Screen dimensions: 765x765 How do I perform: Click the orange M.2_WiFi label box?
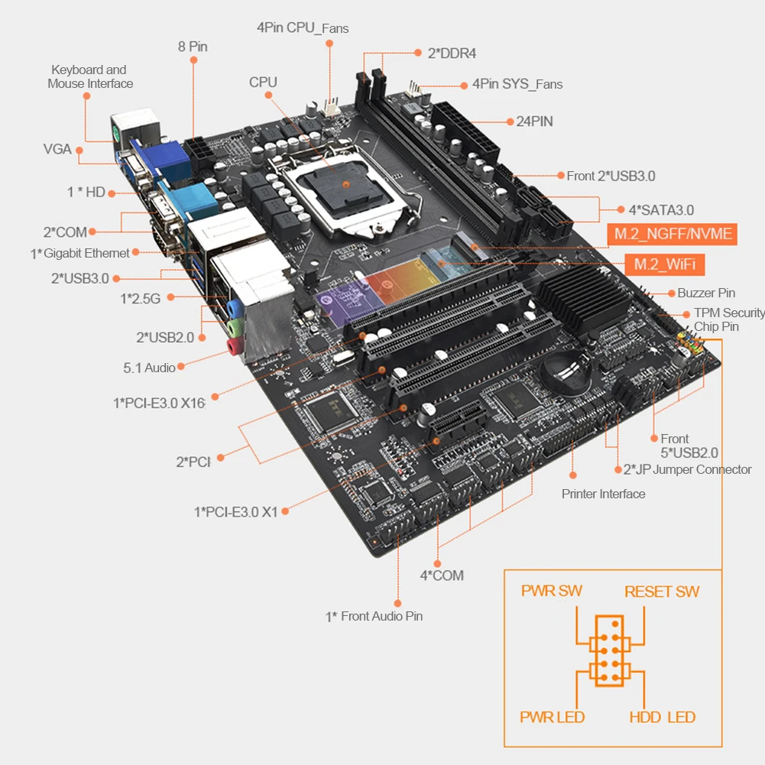coord(664,264)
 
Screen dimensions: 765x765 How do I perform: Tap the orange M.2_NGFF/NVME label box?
coord(673,234)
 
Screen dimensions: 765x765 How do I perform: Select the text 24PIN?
coord(535,122)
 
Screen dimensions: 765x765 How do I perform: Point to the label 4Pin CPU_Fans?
coord(303,28)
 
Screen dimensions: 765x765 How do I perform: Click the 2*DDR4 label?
coord(452,53)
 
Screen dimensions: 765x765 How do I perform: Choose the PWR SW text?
coord(551,591)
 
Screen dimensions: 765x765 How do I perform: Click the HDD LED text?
coord(662,717)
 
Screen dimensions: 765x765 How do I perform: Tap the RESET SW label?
coord(662,592)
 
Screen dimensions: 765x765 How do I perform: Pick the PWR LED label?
coord(552,717)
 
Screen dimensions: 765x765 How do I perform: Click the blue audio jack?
coord(235,308)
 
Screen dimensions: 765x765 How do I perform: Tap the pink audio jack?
coord(235,346)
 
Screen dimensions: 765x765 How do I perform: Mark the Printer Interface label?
coord(604,494)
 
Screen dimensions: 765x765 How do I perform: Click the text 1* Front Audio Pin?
coord(374,616)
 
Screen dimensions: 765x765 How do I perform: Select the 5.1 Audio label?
coord(149,368)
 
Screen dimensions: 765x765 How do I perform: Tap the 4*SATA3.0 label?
coord(661,210)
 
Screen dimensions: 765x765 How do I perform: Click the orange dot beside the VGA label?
coord(79,151)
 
